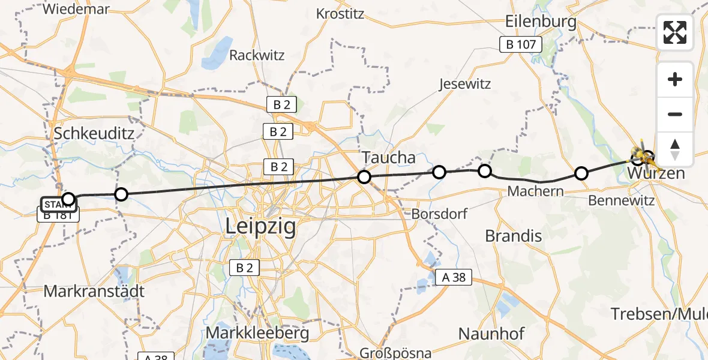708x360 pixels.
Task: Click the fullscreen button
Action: (x=675, y=32)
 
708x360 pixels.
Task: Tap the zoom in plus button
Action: (x=675, y=79)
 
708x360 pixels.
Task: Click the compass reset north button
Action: (x=675, y=149)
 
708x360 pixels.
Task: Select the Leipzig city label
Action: (x=260, y=227)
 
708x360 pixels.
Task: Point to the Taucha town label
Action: (x=388, y=158)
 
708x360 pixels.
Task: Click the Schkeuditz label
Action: (x=94, y=133)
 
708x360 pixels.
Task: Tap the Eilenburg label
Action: (x=541, y=22)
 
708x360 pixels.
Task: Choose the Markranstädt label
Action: (x=94, y=291)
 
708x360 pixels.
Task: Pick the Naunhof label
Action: (x=491, y=333)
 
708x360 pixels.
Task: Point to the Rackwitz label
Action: (x=257, y=55)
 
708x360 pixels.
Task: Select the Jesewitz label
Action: (x=464, y=84)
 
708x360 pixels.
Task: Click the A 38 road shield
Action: (x=454, y=277)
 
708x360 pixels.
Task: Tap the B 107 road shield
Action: (x=521, y=44)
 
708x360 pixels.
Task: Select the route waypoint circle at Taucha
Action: (x=364, y=176)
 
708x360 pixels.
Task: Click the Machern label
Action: (x=535, y=191)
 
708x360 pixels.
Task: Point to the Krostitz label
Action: (x=340, y=13)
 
